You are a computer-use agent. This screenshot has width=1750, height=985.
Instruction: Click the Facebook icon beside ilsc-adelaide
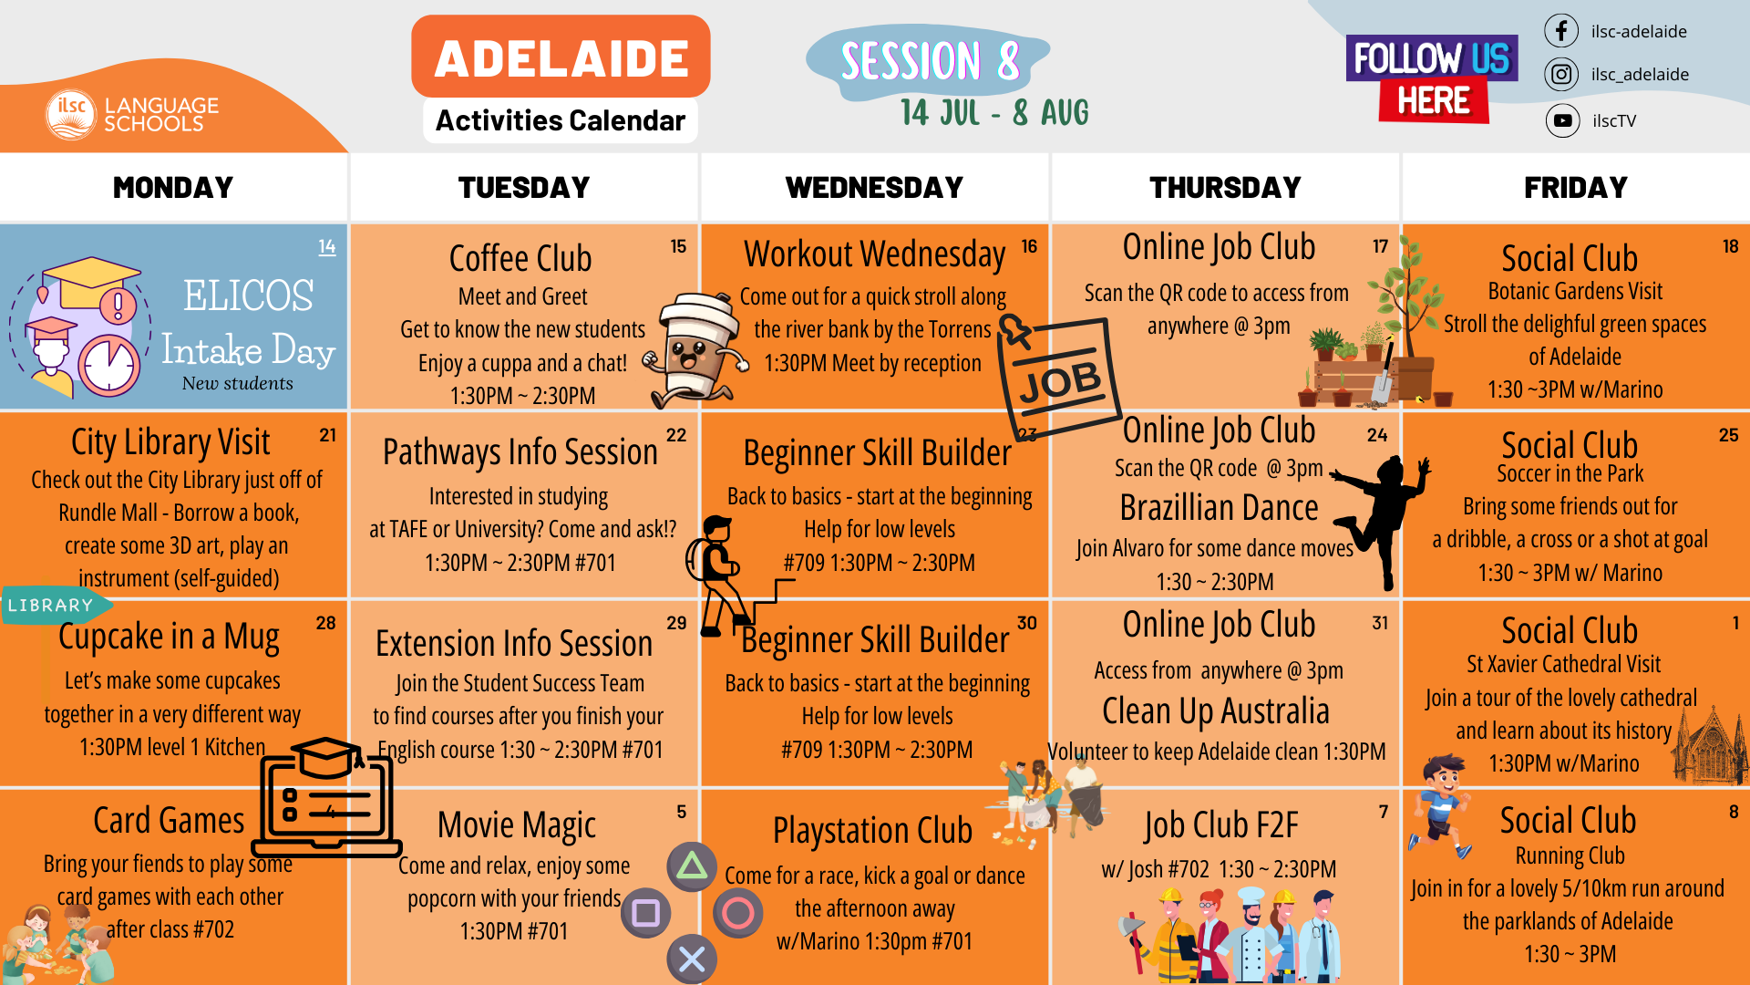(1561, 31)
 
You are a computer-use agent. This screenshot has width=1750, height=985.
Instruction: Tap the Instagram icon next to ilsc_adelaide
(1561, 74)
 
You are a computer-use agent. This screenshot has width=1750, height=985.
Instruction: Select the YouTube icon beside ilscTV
(1562, 120)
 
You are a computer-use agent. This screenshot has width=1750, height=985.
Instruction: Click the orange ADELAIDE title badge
(561, 57)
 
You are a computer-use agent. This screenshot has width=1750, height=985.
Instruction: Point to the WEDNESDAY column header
(874, 187)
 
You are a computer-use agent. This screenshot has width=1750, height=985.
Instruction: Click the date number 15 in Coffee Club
(678, 246)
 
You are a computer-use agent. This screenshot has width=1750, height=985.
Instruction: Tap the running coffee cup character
(696, 349)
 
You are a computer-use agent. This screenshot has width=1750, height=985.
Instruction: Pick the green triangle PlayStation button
(692, 866)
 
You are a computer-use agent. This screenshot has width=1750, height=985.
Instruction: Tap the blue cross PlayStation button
(692, 959)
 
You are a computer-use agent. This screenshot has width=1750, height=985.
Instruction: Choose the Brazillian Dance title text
(1219, 507)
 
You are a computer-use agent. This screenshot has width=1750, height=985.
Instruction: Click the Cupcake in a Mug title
(169, 637)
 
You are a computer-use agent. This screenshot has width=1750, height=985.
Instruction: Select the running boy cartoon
(1441, 805)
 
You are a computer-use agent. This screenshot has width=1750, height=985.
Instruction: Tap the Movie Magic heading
(517, 825)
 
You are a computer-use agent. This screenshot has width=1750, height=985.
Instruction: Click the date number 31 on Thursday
(1380, 623)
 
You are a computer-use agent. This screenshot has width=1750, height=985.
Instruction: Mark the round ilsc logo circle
(71, 114)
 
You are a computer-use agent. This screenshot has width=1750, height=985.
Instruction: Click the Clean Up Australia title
(1216, 711)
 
